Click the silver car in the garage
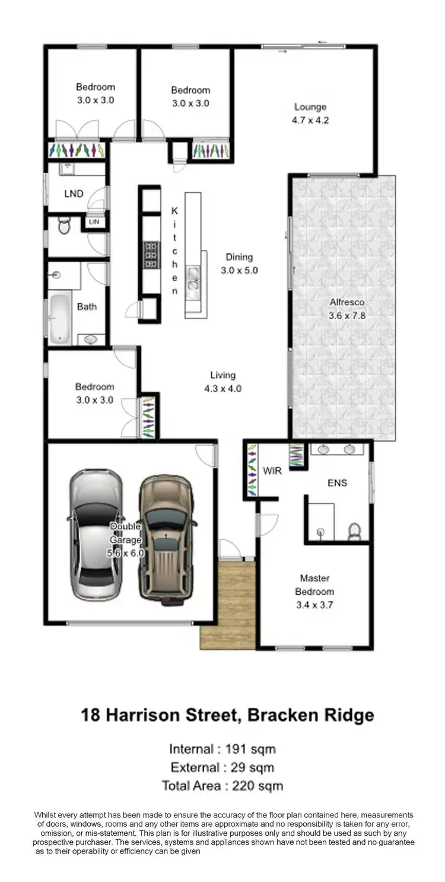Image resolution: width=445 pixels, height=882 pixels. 96,534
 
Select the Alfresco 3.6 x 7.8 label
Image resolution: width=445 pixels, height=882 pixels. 347,309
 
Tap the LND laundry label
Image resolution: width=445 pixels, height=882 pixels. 74,193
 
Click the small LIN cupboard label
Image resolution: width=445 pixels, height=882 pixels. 94,222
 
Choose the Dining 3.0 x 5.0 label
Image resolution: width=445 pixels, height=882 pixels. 239,264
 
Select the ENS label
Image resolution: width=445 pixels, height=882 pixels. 337,483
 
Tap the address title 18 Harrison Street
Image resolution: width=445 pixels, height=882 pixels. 227,715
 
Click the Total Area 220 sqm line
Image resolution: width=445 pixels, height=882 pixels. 223,786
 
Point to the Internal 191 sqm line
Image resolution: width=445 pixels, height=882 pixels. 223,748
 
